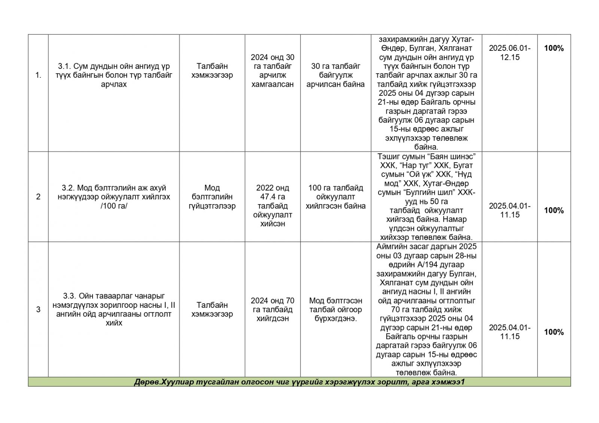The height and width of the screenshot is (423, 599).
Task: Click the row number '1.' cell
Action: (38, 75)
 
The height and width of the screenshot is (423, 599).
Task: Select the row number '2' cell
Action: (38, 197)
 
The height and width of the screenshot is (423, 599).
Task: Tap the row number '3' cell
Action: (38, 309)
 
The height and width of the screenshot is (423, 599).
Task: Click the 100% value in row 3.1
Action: (554, 48)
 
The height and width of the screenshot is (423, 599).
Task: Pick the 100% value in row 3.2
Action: (554, 210)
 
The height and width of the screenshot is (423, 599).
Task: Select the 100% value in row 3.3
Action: (554, 332)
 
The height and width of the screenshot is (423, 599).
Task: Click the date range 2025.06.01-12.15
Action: (510, 53)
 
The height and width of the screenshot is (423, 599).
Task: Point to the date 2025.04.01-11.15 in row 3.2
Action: (510, 210)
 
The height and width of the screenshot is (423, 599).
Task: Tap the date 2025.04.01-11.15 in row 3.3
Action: (510, 332)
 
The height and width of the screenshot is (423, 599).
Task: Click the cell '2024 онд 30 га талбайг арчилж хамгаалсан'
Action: (273, 71)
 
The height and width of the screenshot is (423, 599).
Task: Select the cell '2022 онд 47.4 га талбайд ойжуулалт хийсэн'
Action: (273, 206)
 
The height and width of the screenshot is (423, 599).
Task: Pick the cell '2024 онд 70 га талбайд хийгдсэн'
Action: (273, 309)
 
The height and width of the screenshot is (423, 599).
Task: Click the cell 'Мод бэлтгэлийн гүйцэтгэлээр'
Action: (212, 197)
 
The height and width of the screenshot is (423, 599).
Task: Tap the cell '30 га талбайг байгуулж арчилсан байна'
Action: (335, 75)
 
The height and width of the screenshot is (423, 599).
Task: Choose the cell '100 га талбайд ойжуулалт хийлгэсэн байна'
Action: (335, 197)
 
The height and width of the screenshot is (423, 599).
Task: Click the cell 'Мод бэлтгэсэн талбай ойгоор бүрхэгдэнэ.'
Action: (335, 309)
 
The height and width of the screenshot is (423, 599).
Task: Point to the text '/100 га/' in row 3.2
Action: (114, 206)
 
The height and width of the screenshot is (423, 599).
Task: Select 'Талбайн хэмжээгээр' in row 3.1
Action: (212, 71)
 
